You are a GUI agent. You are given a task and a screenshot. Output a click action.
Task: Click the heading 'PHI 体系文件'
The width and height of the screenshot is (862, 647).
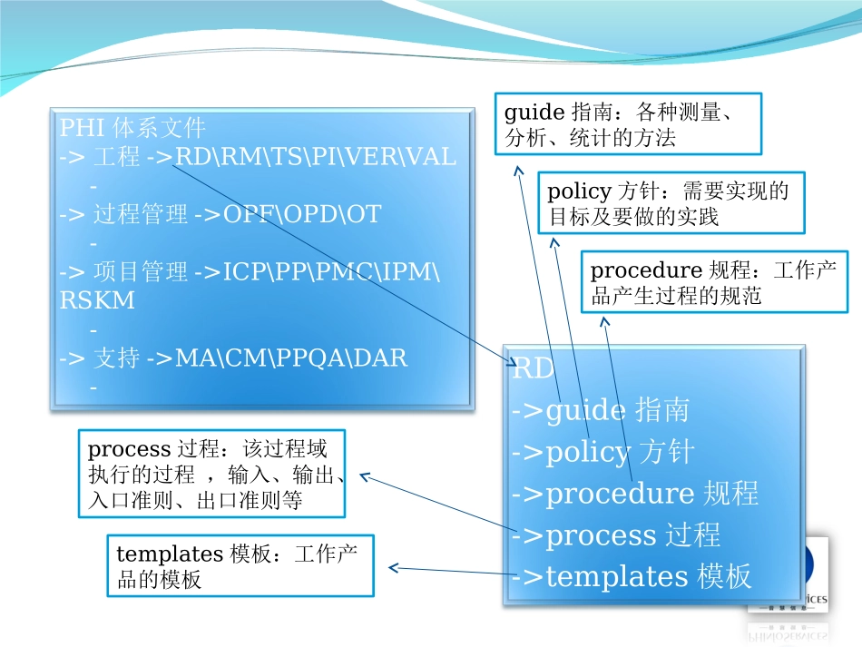pos(132,127)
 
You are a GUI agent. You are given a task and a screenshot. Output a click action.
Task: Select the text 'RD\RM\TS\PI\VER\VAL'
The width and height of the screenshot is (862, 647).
pos(315,156)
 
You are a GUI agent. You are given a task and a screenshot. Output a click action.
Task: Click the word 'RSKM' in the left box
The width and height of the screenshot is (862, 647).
pos(97,300)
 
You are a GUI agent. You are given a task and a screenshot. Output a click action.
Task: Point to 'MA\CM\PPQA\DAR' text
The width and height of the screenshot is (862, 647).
pos(291,358)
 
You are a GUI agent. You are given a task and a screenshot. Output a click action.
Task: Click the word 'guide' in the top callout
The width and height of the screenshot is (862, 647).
pos(534,113)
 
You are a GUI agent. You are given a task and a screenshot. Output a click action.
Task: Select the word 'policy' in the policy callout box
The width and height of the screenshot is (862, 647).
pos(578,191)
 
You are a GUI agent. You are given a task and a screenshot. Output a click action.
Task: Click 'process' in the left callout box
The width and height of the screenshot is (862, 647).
pos(129,448)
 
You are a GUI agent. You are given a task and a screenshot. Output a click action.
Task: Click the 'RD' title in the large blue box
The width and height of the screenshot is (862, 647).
pos(533,369)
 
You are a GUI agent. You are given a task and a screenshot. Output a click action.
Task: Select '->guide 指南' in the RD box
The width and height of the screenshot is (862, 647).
pos(600,410)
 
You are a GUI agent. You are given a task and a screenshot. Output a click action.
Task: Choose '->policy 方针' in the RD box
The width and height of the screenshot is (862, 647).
pos(602,452)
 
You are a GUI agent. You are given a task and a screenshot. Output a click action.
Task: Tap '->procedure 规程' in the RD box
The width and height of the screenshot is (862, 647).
pos(635,494)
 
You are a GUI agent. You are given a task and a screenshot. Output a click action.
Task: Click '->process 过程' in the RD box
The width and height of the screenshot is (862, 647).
pos(616,535)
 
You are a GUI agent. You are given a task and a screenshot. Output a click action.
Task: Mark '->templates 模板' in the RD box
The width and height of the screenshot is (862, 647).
pos(632,577)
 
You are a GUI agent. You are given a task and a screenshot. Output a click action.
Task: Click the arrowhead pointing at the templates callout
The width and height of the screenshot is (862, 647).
pos(393,569)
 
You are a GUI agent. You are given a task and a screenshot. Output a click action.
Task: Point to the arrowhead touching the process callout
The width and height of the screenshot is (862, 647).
pos(364,475)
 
